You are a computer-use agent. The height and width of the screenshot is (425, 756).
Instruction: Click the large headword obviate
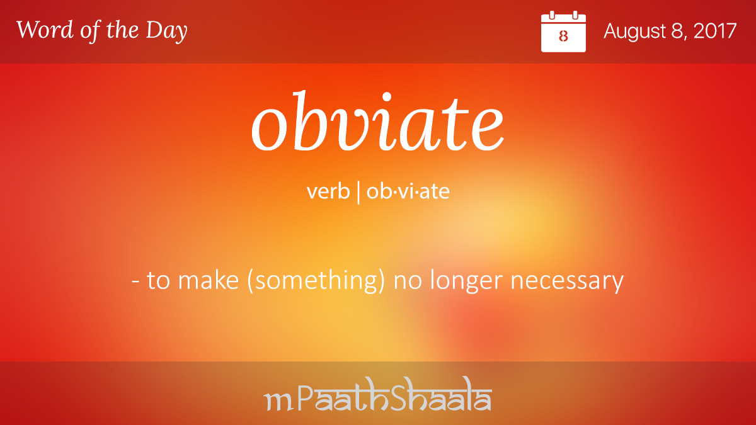pos(377,121)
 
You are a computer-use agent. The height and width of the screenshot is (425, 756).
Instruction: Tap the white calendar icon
pos(563,31)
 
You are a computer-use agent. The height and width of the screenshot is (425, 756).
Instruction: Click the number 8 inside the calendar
pos(563,36)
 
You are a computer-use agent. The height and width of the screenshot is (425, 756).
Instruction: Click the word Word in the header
pos(45,30)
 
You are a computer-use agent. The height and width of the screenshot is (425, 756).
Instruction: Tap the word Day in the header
pos(166,31)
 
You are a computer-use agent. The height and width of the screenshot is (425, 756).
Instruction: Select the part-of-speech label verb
pos(328,191)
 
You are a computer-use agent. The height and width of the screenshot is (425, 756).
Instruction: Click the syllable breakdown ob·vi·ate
pos(408,191)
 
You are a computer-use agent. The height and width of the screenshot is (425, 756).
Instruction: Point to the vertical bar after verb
pos(358,192)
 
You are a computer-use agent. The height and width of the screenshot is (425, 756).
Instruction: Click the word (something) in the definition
pos(316,281)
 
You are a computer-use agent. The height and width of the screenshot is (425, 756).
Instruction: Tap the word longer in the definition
pos(467,281)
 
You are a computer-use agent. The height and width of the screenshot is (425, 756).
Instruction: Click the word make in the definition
pos(209,280)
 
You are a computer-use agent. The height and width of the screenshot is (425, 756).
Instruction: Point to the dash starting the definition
pos(135,281)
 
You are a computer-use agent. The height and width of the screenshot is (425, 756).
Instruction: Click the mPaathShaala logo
pos(377,394)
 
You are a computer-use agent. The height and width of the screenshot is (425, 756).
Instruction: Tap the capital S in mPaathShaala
pos(404,394)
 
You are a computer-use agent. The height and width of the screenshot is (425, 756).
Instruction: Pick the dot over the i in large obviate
pos(386,96)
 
